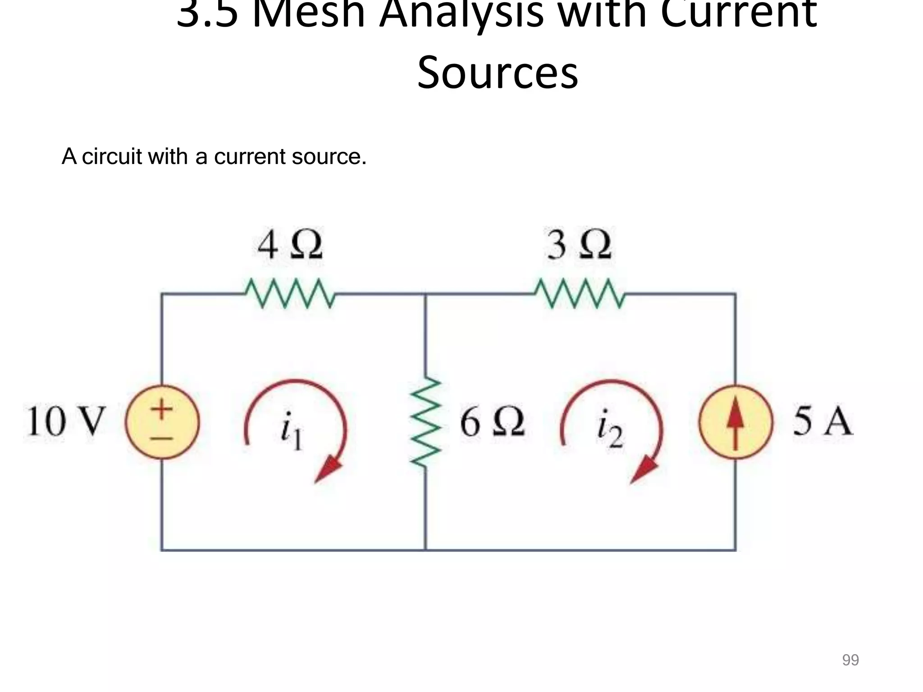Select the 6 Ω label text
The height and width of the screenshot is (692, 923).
492,422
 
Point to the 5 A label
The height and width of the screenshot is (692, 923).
822,422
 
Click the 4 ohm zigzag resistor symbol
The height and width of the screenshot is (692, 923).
290,293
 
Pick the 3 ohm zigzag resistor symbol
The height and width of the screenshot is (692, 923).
580,293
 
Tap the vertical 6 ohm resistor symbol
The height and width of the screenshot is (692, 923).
425,423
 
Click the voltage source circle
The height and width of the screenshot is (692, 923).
162,422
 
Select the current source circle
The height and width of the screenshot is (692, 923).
736,422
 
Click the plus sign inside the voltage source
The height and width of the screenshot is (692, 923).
161,409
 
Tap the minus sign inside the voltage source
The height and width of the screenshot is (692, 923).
162,437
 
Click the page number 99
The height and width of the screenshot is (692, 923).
850,660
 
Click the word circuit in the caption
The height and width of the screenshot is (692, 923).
112,157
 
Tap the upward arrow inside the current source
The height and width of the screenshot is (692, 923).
736,421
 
